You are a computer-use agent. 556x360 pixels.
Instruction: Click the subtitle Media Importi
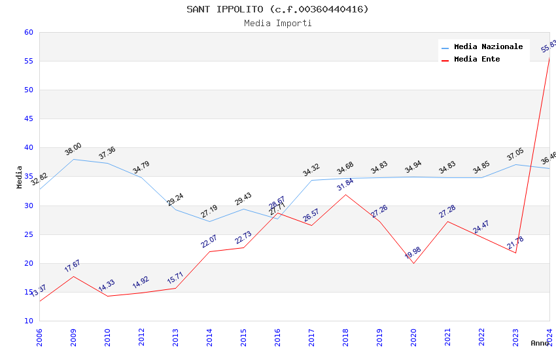click(x=277, y=24)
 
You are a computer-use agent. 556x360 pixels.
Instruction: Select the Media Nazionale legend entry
click(x=488, y=46)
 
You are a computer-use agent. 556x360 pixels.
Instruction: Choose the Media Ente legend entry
click(x=477, y=59)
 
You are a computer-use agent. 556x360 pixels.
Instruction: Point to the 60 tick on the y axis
click(x=28, y=32)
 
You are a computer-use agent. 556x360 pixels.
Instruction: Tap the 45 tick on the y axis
click(x=28, y=118)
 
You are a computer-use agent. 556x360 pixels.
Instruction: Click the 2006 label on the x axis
click(x=39, y=337)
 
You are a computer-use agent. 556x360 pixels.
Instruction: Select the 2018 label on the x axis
click(x=345, y=337)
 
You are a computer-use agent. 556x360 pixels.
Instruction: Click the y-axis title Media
click(x=20, y=177)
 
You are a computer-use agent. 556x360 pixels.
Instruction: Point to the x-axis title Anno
click(x=540, y=343)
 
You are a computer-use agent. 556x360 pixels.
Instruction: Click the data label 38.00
click(x=73, y=149)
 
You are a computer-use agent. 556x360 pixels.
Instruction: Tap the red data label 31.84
click(x=345, y=185)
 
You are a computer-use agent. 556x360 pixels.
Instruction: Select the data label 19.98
click(x=413, y=253)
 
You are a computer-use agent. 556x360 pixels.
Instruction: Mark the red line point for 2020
click(x=413, y=263)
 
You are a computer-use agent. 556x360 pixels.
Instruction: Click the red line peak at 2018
click(x=345, y=194)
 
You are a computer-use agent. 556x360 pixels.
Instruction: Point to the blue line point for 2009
click(x=73, y=159)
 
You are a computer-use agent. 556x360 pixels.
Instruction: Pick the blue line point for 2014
click(x=209, y=221)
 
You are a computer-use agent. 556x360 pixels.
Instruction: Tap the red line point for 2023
click(x=515, y=253)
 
